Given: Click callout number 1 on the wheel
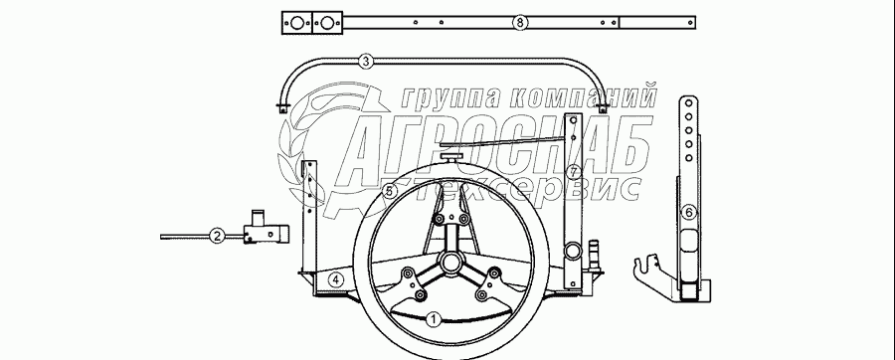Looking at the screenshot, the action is click(434, 319).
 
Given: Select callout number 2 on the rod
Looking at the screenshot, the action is click(217, 236).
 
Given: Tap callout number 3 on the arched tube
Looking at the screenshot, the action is click(366, 62).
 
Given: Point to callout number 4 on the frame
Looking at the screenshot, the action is click(337, 280).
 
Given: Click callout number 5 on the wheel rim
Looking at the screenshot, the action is click(389, 192).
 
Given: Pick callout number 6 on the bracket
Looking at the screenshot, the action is click(689, 213).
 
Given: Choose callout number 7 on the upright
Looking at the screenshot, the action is click(574, 172).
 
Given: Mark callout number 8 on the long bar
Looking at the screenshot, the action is click(519, 23).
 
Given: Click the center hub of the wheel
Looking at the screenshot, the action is click(450, 263).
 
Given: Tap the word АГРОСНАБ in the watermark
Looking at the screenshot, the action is click(492, 150).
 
